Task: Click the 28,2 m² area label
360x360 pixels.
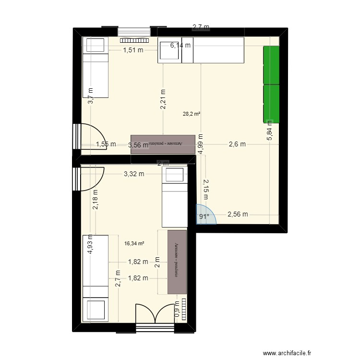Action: (x=192, y=114)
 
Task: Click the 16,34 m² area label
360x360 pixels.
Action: (x=134, y=243)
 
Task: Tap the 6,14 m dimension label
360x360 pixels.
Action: (x=180, y=46)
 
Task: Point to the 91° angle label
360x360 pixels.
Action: (x=204, y=216)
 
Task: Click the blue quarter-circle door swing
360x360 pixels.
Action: (x=206, y=214)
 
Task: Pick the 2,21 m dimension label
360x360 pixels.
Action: (x=163, y=100)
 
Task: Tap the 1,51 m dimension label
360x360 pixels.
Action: (x=133, y=49)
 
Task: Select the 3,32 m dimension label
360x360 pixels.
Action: (x=134, y=174)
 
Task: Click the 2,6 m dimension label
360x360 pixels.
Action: (x=237, y=144)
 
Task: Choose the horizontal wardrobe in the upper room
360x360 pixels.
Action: (x=163, y=144)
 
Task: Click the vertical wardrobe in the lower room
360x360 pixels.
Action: (x=177, y=262)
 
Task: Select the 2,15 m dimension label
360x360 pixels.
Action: (x=205, y=189)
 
